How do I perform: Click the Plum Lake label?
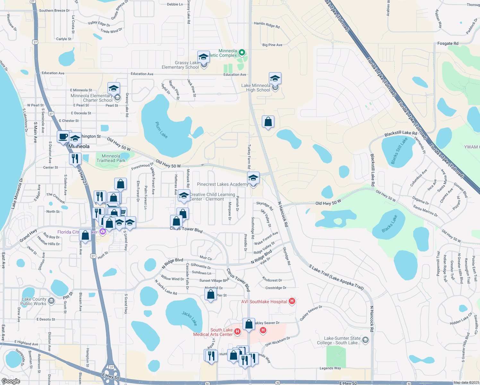(x=161, y=130)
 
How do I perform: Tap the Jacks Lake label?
(x=189, y=318)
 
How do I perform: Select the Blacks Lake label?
(x=390, y=223)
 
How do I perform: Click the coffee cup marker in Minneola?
(x=63, y=137)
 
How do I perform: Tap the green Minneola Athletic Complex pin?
(x=242, y=52)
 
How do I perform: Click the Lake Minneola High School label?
(x=256, y=88)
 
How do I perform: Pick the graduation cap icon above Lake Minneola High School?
(x=275, y=78)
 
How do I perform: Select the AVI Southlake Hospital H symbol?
(x=292, y=301)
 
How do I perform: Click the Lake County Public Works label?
(x=34, y=301)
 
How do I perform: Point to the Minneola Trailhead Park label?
(x=111, y=158)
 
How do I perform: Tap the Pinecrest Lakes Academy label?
(x=223, y=184)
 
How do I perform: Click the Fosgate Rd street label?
(x=448, y=44)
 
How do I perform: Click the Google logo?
(x=11, y=381)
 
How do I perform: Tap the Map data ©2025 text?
(x=466, y=382)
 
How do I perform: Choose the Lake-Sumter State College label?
(x=342, y=340)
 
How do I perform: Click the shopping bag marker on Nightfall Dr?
(x=211, y=294)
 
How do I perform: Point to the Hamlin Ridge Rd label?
(x=267, y=25)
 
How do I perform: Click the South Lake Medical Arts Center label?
(x=213, y=332)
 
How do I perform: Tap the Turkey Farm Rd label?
(x=249, y=157)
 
